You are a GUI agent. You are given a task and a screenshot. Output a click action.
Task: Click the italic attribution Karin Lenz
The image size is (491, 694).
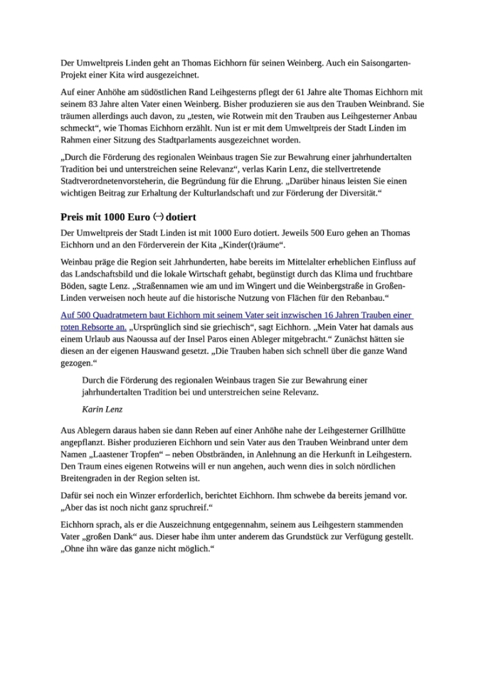[x=102, y=409]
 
